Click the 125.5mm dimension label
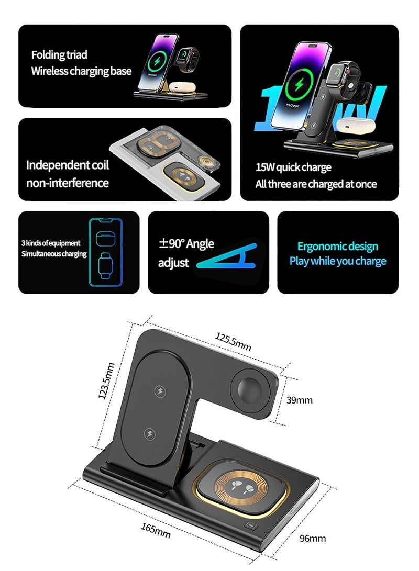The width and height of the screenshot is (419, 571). click(x=233, y=342)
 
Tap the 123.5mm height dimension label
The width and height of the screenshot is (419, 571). click(x=106, y=380)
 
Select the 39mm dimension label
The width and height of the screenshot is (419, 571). click(x=300, y=400)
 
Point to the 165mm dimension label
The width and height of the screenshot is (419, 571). click(x=156, y=531)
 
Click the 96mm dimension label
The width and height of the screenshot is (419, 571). click(x=313, y=538)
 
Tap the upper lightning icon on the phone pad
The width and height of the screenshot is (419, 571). click(x=159, y=391)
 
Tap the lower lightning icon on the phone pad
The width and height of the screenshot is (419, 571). click(x=149, y=434)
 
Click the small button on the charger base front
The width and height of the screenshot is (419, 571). click(x=252, y=528)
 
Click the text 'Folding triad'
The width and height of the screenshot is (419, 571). click(x=59, y=55)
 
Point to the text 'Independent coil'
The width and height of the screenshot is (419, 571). click(x=68, y=165)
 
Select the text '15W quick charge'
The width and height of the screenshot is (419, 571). click(x=293, y=167)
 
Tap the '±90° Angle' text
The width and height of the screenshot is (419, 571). click(x=186, y=243)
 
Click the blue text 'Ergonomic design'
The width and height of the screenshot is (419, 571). click(x=337, y=247)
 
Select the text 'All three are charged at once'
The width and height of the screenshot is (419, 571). click(x=316, y=184)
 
